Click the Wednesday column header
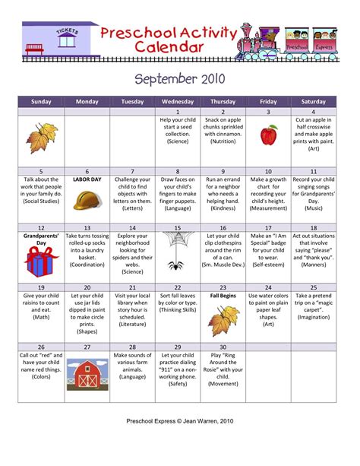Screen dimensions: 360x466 coord(178,100)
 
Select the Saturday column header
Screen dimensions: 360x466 coord(313,100)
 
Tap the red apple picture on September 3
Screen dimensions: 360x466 coord(268,136)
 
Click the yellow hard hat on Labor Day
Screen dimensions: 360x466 coord(87,199)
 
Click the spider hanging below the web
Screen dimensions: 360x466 coord(176,265)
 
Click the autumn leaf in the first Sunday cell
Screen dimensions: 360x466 coord(40,138)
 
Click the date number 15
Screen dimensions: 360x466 coord(178,228)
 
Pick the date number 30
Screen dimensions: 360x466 coord(223,346)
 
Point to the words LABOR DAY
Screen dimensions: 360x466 coord(87,180)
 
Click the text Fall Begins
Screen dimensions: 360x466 coord(223,295)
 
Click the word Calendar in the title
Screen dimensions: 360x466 coord(169,47)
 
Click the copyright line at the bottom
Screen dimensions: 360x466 coord(180,442)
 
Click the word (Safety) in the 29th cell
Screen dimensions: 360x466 coord(178,384)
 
